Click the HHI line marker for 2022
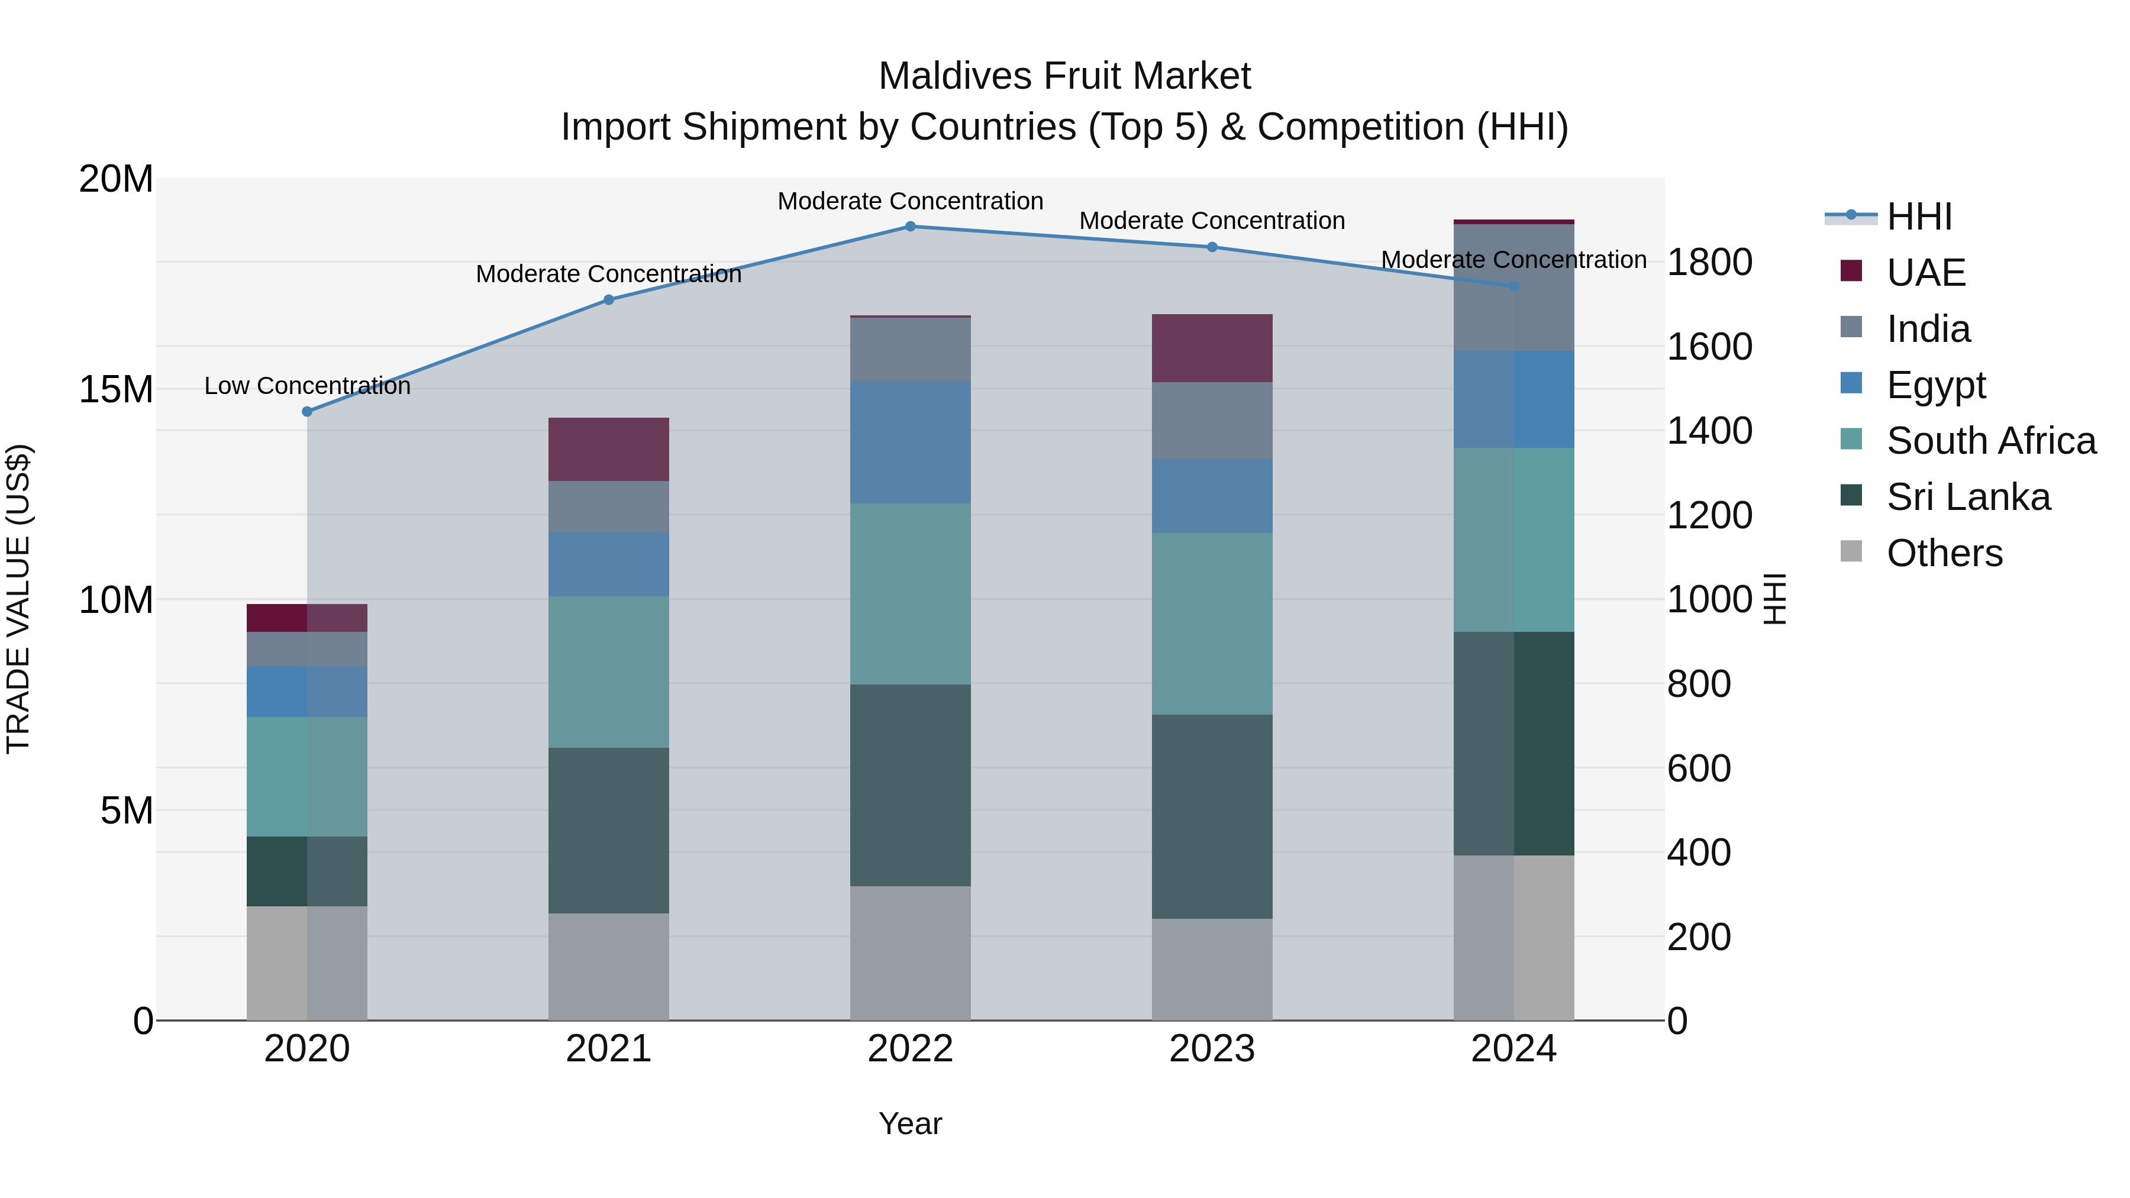[x=911, y=227]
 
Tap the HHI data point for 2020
[x=306, y=412]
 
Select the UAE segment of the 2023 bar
[x=1212, y=348]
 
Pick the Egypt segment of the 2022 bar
[x=911, y=443]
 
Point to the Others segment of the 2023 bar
[x=1212, y=969]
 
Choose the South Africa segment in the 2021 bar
[x=609, y=672]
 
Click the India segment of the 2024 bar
[x=1514, y=288]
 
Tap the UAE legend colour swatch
[x=1851, y=271]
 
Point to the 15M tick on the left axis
[x=116, y=389]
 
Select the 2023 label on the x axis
[x=1212, y=1049]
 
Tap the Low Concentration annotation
[x=306, y=386]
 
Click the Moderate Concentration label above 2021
[x=609, y=274]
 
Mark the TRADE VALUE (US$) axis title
[x=18, y=599]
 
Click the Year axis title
[x=911, y=1123]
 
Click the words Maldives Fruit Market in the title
[x=1064, y=76]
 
